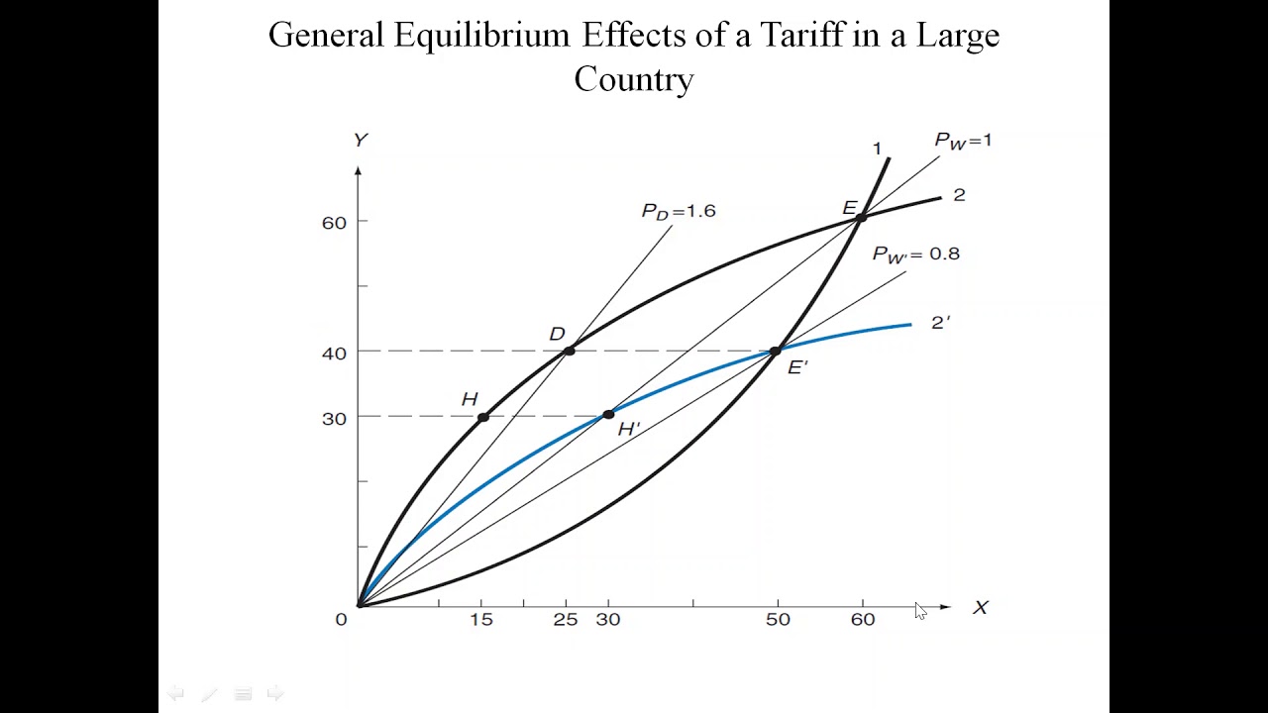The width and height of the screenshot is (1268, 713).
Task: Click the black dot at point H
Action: coord(482,417)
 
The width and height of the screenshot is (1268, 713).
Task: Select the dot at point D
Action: coord(569,351)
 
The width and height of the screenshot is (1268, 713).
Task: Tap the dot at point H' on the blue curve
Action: coord(608,414)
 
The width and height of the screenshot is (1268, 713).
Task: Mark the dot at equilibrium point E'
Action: coord(776,351)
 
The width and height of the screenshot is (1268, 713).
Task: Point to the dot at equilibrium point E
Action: coord(861,217)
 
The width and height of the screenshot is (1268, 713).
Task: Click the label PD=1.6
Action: coord(679,211)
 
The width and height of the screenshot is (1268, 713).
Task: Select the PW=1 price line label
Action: coord(963,141)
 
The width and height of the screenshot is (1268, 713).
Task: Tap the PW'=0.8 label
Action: coord(915,255)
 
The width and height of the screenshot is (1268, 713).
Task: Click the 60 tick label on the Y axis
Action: coord(334,223)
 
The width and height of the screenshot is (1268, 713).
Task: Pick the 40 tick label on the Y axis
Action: coord(334,354)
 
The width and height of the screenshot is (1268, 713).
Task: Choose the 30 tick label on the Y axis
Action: coord(334,419)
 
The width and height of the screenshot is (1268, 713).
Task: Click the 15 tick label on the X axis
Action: coord(481,620)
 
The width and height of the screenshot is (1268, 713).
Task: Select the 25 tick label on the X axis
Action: coord(566,620)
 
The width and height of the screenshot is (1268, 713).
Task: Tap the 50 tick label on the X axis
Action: coord(778,620)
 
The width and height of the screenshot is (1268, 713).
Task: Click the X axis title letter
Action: coord(981,608)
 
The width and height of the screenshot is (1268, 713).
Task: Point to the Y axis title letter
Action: coord(361,141)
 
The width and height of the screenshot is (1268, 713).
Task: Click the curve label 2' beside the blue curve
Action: coord(940,323)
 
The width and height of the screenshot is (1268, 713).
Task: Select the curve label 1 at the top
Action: coord(877,149)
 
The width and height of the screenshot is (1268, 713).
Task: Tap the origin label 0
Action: coord(341,620)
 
